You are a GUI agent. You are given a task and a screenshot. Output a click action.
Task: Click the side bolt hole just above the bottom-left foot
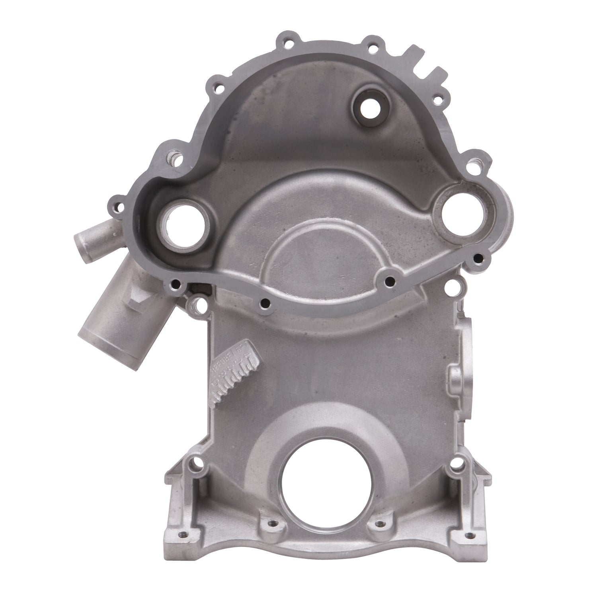(x=195, y=463)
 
